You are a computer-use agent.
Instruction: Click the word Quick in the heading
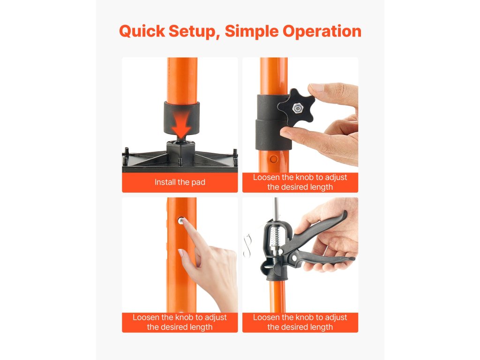142,31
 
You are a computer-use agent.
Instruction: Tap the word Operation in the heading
322,31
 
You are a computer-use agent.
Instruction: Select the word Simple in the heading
251,32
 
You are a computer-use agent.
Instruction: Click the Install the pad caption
180,182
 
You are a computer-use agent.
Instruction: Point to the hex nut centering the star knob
296,108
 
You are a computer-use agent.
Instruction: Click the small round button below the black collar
274,159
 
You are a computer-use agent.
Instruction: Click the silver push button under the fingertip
181,220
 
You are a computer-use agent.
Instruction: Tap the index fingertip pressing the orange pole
186,226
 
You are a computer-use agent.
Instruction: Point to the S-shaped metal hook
247,245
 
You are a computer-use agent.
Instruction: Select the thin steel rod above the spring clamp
276,208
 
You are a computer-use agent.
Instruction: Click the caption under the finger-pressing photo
180,322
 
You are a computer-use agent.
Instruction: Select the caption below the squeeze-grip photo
300,322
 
